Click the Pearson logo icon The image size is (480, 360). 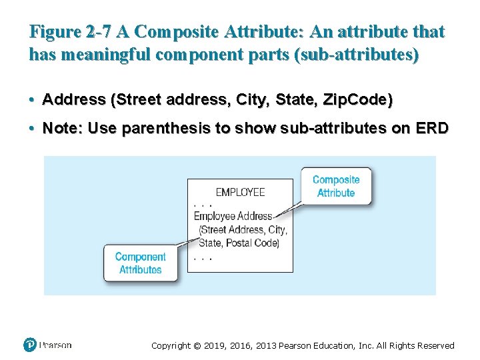[x=30, y=345]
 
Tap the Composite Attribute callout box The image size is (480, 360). [x=336, y=186]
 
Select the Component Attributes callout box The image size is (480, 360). [x=140, y=263]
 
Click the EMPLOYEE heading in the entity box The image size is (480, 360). [x=240, y=192]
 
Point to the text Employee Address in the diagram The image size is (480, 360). [x=233, y=216]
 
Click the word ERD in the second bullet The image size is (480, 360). [x=433, y=128]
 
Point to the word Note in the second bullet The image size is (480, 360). [x=59, y=128]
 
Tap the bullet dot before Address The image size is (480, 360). [x=32, y=100]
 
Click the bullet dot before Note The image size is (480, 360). [x=32, y=128]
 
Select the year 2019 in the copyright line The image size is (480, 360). [x=216, y=345]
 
